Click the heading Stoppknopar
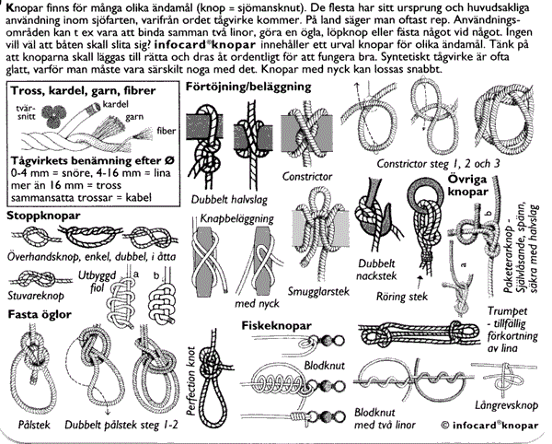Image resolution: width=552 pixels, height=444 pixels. point(43,216)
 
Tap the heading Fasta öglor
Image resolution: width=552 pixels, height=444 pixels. point(40,314)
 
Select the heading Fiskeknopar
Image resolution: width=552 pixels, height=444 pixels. point(276,326)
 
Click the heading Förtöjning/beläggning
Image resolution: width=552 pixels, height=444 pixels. point(248,87)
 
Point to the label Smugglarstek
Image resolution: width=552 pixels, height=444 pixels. point(318,291)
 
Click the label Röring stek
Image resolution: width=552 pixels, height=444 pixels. point(402,297)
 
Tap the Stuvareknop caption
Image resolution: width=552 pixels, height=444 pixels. point(36,296)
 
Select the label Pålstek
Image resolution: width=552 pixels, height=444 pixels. point(34,425)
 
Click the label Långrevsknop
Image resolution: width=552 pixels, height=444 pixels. point(506,405)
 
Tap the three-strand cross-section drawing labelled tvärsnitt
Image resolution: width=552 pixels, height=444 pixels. point(53,115)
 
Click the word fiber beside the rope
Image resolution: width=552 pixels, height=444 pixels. point(166,131)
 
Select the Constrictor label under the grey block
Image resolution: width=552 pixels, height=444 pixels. point(307,176)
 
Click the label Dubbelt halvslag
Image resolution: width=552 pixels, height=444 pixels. point(229,200)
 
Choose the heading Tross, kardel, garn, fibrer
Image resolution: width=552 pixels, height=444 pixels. point(83,91)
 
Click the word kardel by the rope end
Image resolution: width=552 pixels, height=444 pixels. point(116,104)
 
